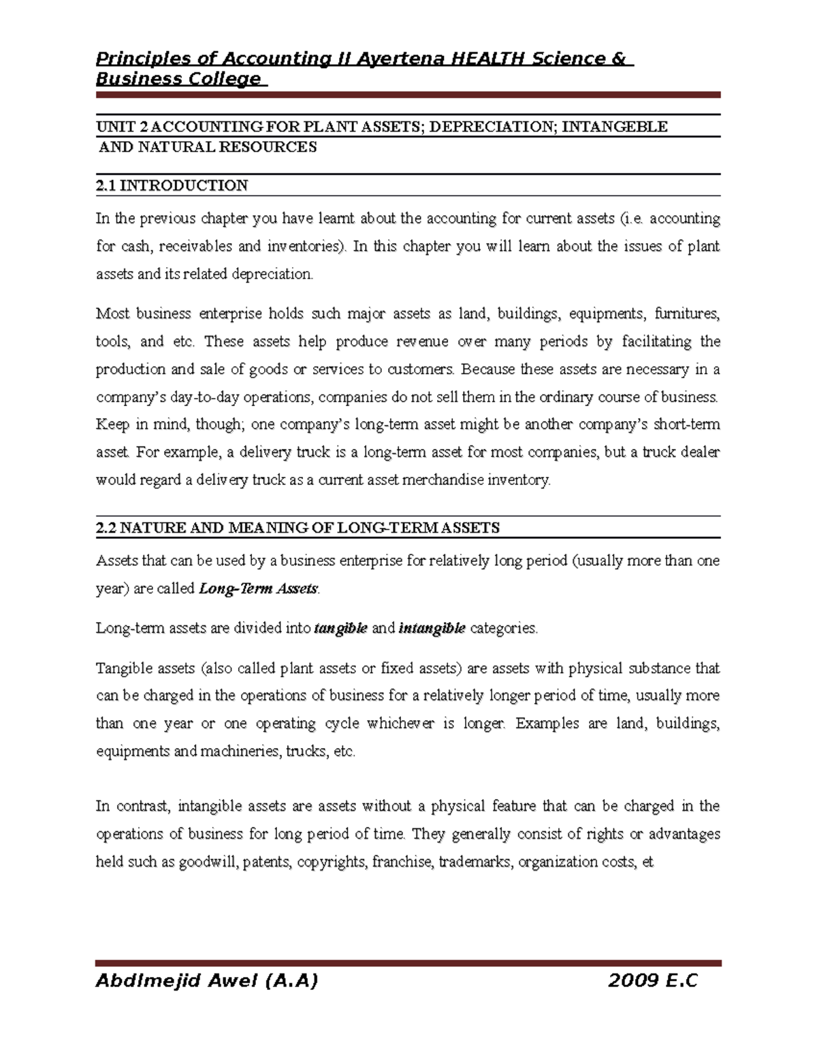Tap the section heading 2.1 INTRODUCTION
[172, 185]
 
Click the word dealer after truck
[699, 452]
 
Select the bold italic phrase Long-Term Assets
[258, 589]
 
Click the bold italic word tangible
[340, 628]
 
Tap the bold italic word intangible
[432, 628]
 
